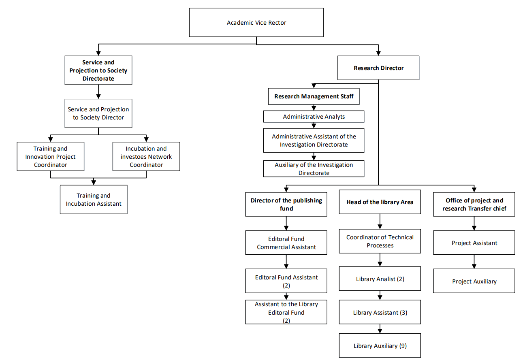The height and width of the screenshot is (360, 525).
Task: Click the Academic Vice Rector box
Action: [256, 23]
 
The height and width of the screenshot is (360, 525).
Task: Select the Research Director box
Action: [378, 68]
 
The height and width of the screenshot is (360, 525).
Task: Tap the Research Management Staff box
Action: [314, 96]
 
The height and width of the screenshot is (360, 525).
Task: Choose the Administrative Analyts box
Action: [314, 116]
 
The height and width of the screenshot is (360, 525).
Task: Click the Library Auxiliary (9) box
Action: [380, 345]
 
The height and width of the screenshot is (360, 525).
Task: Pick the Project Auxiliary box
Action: [474, 281]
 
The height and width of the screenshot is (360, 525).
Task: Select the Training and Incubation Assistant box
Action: [94, 200]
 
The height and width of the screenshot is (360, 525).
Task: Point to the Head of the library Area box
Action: [380, 202]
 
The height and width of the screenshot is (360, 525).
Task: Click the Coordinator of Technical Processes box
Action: [380, 241]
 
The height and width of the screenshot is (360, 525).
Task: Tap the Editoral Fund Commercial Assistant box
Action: [286, 243]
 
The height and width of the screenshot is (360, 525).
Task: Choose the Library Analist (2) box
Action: [380, 279]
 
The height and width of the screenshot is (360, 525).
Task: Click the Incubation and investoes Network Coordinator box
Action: [146, 156]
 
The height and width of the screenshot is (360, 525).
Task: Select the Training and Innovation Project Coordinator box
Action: [50, 156]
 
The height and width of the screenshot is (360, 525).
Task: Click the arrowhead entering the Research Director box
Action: [378, 53]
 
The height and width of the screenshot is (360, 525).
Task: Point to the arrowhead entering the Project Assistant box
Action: [474, 228]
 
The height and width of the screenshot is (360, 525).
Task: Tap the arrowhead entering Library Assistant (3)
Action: [380, 298]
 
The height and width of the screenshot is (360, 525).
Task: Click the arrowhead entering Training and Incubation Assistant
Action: [94, 183]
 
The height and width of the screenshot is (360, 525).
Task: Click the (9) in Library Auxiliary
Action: [403, 346]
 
